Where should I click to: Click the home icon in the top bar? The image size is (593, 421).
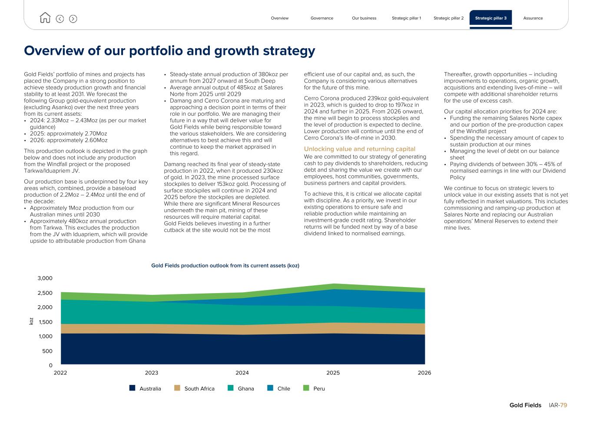(x=45, y=18)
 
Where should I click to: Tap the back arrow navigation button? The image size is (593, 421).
(x=60, y=19)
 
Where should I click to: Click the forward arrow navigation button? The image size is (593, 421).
(x=73, y=19)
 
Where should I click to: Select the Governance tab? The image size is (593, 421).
(x=321, y=18)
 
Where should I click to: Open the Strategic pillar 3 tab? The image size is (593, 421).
(x=490, y=18)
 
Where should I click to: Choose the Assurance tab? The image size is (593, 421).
(x=533, y=18)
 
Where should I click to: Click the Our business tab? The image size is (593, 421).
(x=364, y=18)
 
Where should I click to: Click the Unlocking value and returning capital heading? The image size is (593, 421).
(x=359, y=149)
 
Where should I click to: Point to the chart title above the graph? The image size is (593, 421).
(x=225, y=265)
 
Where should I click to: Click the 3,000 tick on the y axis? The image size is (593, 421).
(x=45, y=278)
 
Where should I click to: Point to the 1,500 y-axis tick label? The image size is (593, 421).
(x=45, y=322)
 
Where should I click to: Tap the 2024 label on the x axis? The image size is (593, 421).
(x=242, y=373)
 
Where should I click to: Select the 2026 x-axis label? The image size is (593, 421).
(x=424, y=373)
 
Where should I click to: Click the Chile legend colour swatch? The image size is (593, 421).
(x=270, y=388)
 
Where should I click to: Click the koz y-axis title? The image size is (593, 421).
(x=31, y=321)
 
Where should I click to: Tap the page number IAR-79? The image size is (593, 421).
(x=557, y=405)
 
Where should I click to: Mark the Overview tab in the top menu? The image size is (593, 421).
(x=279, y=18)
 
